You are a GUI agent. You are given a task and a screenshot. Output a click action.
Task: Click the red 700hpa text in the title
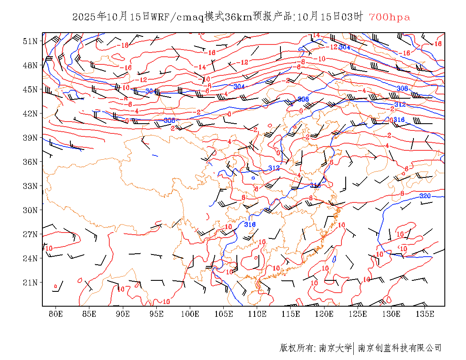(x=389, y=17)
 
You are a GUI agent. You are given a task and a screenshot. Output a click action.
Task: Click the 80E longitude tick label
(x=56, y=314)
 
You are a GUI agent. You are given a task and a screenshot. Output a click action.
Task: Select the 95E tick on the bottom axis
(x=157, y=314)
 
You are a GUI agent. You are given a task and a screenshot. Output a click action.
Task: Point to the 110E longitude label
(x=257, y=314)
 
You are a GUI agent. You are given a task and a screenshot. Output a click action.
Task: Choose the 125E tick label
(x=358, y=314)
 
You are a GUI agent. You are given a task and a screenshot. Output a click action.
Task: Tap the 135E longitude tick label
(x=425, y=314)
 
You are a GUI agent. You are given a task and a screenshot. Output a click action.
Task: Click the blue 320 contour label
(x=425, y=196)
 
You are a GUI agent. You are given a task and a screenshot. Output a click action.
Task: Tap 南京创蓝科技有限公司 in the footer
(x=400, y=348)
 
